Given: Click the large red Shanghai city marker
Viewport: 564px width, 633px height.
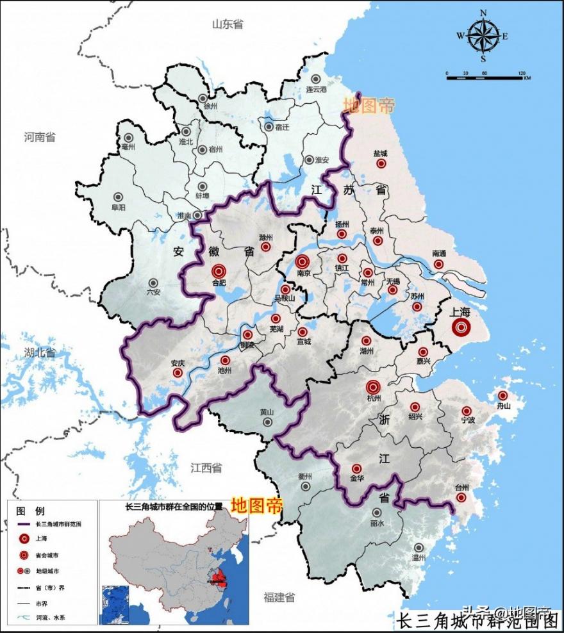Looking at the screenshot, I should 461,327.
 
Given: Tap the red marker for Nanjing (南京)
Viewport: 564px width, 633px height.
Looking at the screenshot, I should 303,261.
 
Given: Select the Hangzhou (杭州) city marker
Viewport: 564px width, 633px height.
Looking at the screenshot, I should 373,387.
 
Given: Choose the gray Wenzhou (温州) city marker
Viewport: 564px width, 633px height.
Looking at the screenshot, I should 419,548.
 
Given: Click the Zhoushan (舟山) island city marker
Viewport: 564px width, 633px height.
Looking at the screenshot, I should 502,395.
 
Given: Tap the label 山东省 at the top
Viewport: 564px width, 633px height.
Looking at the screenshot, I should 228,24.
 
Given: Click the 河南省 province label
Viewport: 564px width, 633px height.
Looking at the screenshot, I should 40,137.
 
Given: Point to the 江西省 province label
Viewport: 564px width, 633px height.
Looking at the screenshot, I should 206,468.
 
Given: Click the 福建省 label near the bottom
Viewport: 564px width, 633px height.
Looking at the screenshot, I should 279,597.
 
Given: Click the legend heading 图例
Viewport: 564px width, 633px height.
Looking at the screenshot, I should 30,511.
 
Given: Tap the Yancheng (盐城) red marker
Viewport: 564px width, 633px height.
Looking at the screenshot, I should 381,163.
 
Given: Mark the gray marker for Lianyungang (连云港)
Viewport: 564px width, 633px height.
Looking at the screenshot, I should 315,78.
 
